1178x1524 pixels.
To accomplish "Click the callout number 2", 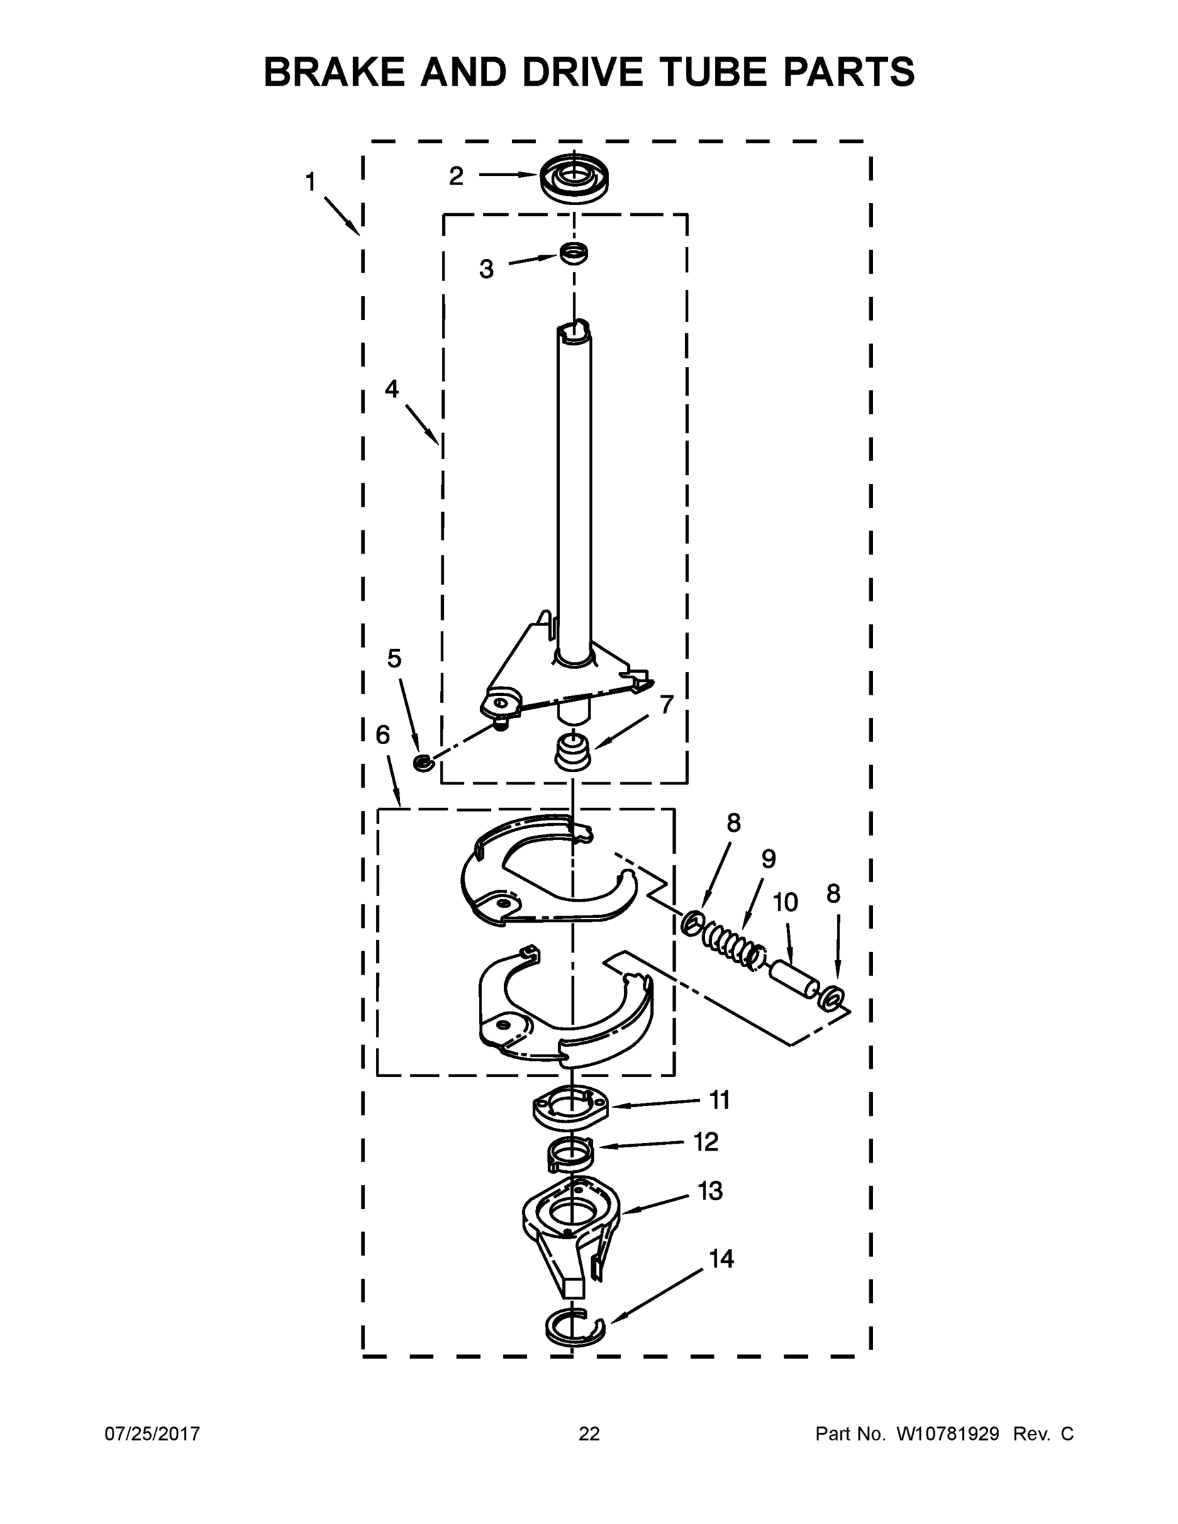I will (457, 176).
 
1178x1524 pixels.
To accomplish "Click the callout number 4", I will (392, 389).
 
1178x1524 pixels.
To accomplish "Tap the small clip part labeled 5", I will (423, 763).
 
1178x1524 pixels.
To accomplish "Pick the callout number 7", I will (666, 705).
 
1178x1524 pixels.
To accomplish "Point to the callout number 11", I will (720, 1100).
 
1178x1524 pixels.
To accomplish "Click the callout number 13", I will (711, 1191).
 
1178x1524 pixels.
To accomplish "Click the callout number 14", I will (721, 1259).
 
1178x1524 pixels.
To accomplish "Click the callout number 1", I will (311, 183).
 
